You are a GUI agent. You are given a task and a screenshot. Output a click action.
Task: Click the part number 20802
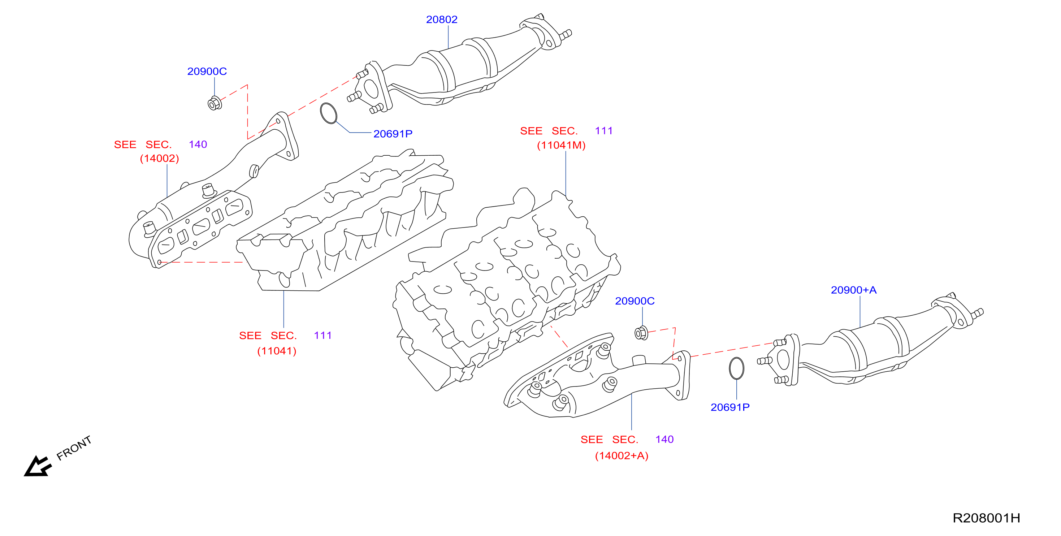[442, 20]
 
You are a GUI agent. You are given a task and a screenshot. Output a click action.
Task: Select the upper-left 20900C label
[207, 71]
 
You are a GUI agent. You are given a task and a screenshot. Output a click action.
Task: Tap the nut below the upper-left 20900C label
[215, 103]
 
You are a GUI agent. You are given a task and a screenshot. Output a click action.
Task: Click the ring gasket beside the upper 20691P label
[329, 113]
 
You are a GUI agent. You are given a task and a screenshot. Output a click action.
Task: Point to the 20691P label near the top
[393, 134]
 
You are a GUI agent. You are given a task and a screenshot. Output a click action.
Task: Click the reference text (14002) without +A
[159, 159]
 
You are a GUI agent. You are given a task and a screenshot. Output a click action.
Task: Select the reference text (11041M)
[561, 146]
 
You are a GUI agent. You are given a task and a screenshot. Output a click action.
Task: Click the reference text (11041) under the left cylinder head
[277, 351]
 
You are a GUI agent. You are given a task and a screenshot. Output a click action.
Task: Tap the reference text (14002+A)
[622, 456]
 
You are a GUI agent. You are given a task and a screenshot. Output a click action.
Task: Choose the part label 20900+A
[853, 290]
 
